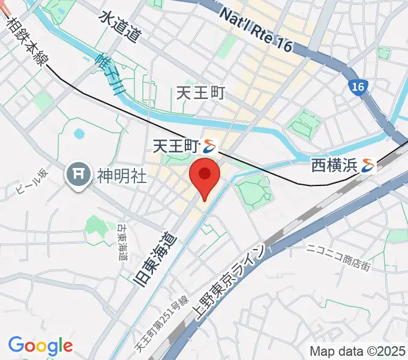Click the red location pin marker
[205, 175]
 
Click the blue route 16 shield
[358, 87]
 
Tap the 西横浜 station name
[334, 165]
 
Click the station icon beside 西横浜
[368, 165]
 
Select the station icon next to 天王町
[210, 145]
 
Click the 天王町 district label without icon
[201, 93]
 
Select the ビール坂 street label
[31, 182]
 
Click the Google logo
[40, 346]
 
